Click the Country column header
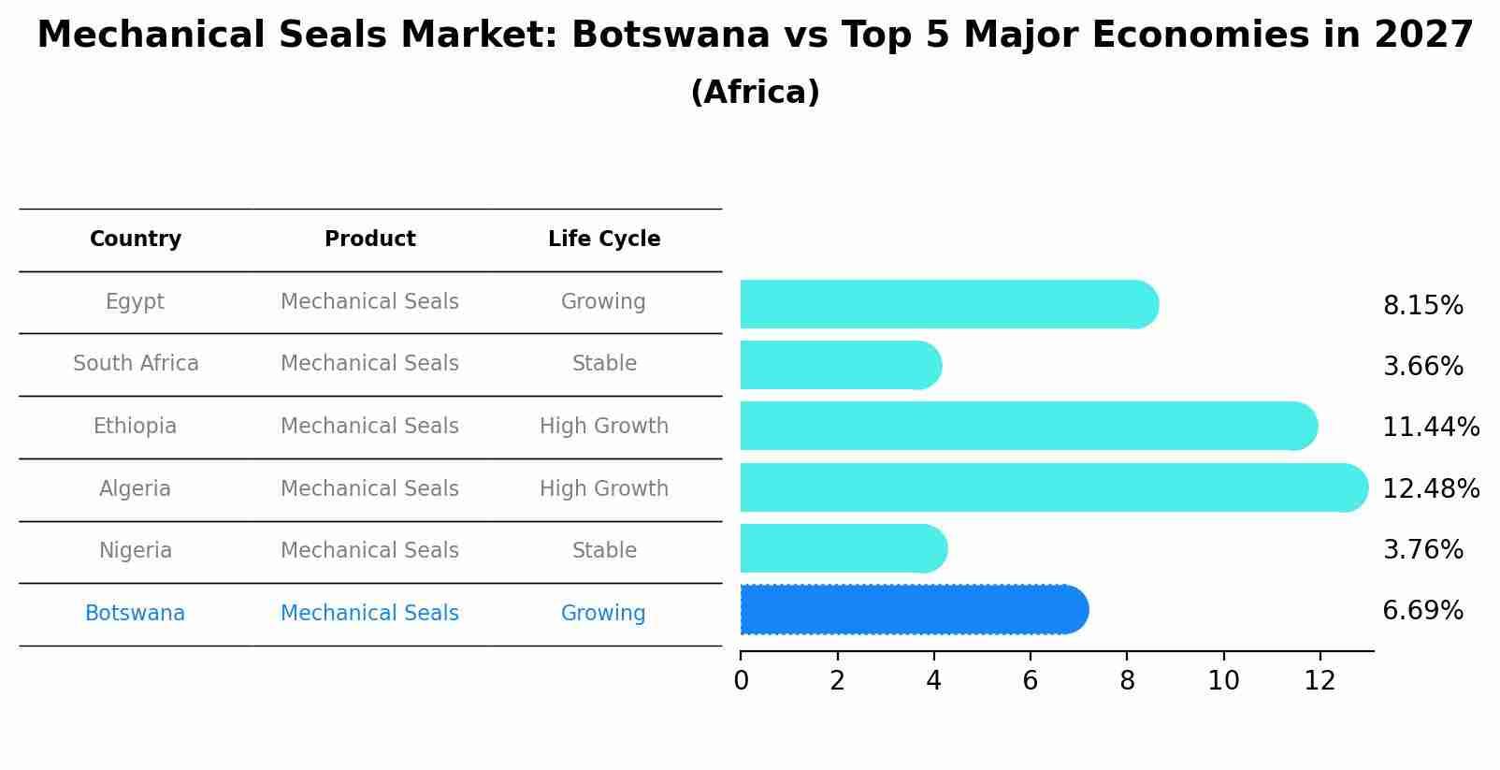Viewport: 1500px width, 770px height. (136, 240)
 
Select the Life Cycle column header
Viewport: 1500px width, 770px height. (604, 240)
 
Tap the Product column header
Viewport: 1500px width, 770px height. (370, 240)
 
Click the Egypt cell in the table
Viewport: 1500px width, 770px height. (135, 302)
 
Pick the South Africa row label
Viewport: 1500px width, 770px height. (136, 364)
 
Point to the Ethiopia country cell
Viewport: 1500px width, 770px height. (135, 427)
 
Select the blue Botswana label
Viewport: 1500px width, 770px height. (135, 614)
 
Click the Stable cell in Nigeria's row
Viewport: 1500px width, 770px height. (604, 551)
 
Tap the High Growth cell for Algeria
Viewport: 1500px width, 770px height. (604, 489)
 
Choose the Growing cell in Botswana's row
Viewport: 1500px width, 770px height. (603, 614)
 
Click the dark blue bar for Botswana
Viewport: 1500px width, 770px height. (912, 610)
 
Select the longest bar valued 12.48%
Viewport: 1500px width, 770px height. (1052, 487)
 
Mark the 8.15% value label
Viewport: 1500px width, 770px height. (1422, 306)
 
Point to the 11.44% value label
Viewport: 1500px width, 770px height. (1430, 428)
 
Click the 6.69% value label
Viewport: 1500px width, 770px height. (1422, 611)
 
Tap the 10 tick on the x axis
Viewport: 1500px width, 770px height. (1223, 681)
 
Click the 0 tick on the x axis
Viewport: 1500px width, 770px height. (741, 681)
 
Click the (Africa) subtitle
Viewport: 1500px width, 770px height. (755, 93)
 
